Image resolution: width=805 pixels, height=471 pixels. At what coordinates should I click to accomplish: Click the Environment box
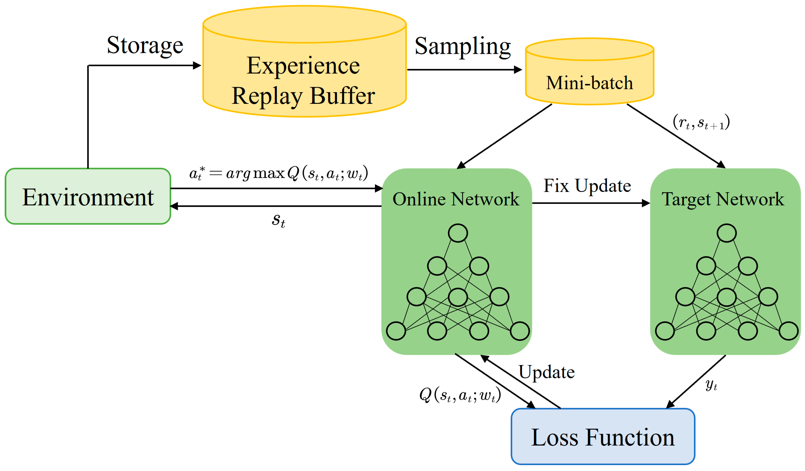click(x=88, y=197)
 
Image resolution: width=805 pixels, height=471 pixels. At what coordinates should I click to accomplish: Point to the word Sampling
click(x=462, y=46)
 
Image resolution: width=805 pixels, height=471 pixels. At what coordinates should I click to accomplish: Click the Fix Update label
click(x=587, y=186)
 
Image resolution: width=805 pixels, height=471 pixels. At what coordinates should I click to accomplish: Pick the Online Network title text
click(x=456, y=199)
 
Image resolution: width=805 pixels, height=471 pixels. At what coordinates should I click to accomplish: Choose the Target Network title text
click(x=723, y=199)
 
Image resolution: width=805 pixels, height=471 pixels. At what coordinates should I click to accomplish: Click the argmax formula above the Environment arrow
click(x=279, y=173)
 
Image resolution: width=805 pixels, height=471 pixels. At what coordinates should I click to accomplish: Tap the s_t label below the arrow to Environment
click(x=278, y=220)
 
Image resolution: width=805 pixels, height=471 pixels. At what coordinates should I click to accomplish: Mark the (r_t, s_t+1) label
click(x=701, y=122)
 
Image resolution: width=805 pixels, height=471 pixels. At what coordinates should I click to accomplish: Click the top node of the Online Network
click(x=458, y=233)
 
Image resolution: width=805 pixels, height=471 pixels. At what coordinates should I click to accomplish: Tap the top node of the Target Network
click(x=727, y=233)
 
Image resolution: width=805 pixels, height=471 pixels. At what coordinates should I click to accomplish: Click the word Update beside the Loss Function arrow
click(x=546, y=372)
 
